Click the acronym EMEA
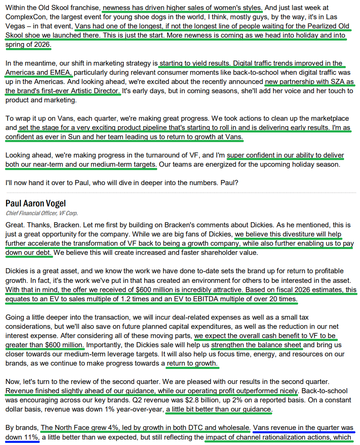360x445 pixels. click(x=58, y=72)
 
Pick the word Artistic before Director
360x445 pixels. click(x=83, y=90)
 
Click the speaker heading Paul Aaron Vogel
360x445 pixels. click(x=36, y=203)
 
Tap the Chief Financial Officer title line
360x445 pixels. click(x=42, y=213)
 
